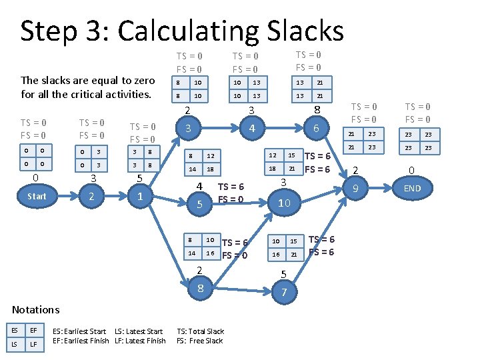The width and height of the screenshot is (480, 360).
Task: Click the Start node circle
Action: coord(37,196)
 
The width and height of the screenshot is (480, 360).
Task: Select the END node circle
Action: coord(412,189)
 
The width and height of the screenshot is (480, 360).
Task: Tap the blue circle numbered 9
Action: coord(356,189)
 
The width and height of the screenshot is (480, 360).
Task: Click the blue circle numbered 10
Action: coord(284,203)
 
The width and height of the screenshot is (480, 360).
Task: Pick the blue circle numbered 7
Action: coord(284,293)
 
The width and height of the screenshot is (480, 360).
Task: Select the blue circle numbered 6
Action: coord(317,128)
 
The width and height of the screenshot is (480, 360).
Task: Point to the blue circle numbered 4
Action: coord(251,128)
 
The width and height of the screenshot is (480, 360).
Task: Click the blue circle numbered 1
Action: coord(139,197)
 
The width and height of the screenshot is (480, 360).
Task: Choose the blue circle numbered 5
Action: coord(199,204)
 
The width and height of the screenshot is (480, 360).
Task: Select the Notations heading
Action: coord(36,309)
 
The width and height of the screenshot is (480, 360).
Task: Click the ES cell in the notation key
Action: coord(14,329)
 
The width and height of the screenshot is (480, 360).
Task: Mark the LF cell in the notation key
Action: coord(33,344)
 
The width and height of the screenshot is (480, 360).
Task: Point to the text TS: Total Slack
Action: coord(200,331)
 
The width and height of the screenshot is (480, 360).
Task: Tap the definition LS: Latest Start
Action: coord(139,331)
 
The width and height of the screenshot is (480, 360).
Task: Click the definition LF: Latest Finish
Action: coord(140,341)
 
